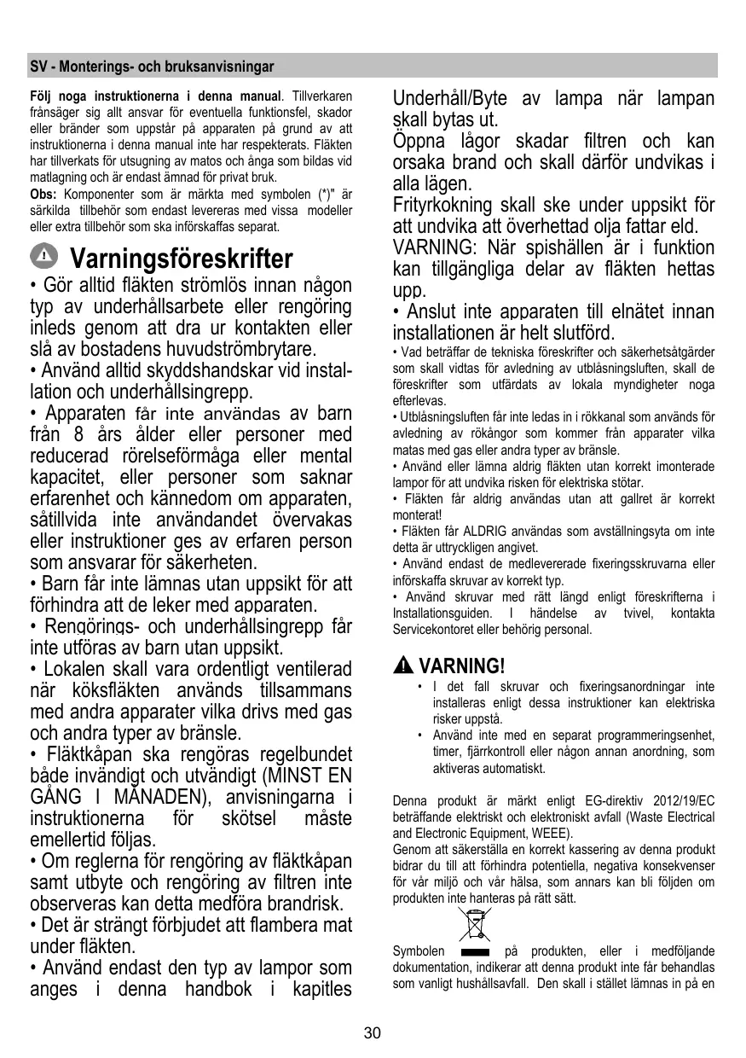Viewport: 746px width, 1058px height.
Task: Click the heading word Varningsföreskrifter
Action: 182,258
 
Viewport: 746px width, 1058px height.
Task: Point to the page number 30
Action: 373,1034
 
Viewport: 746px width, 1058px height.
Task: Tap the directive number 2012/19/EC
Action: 683,801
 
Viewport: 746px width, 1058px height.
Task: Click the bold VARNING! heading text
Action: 463,666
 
